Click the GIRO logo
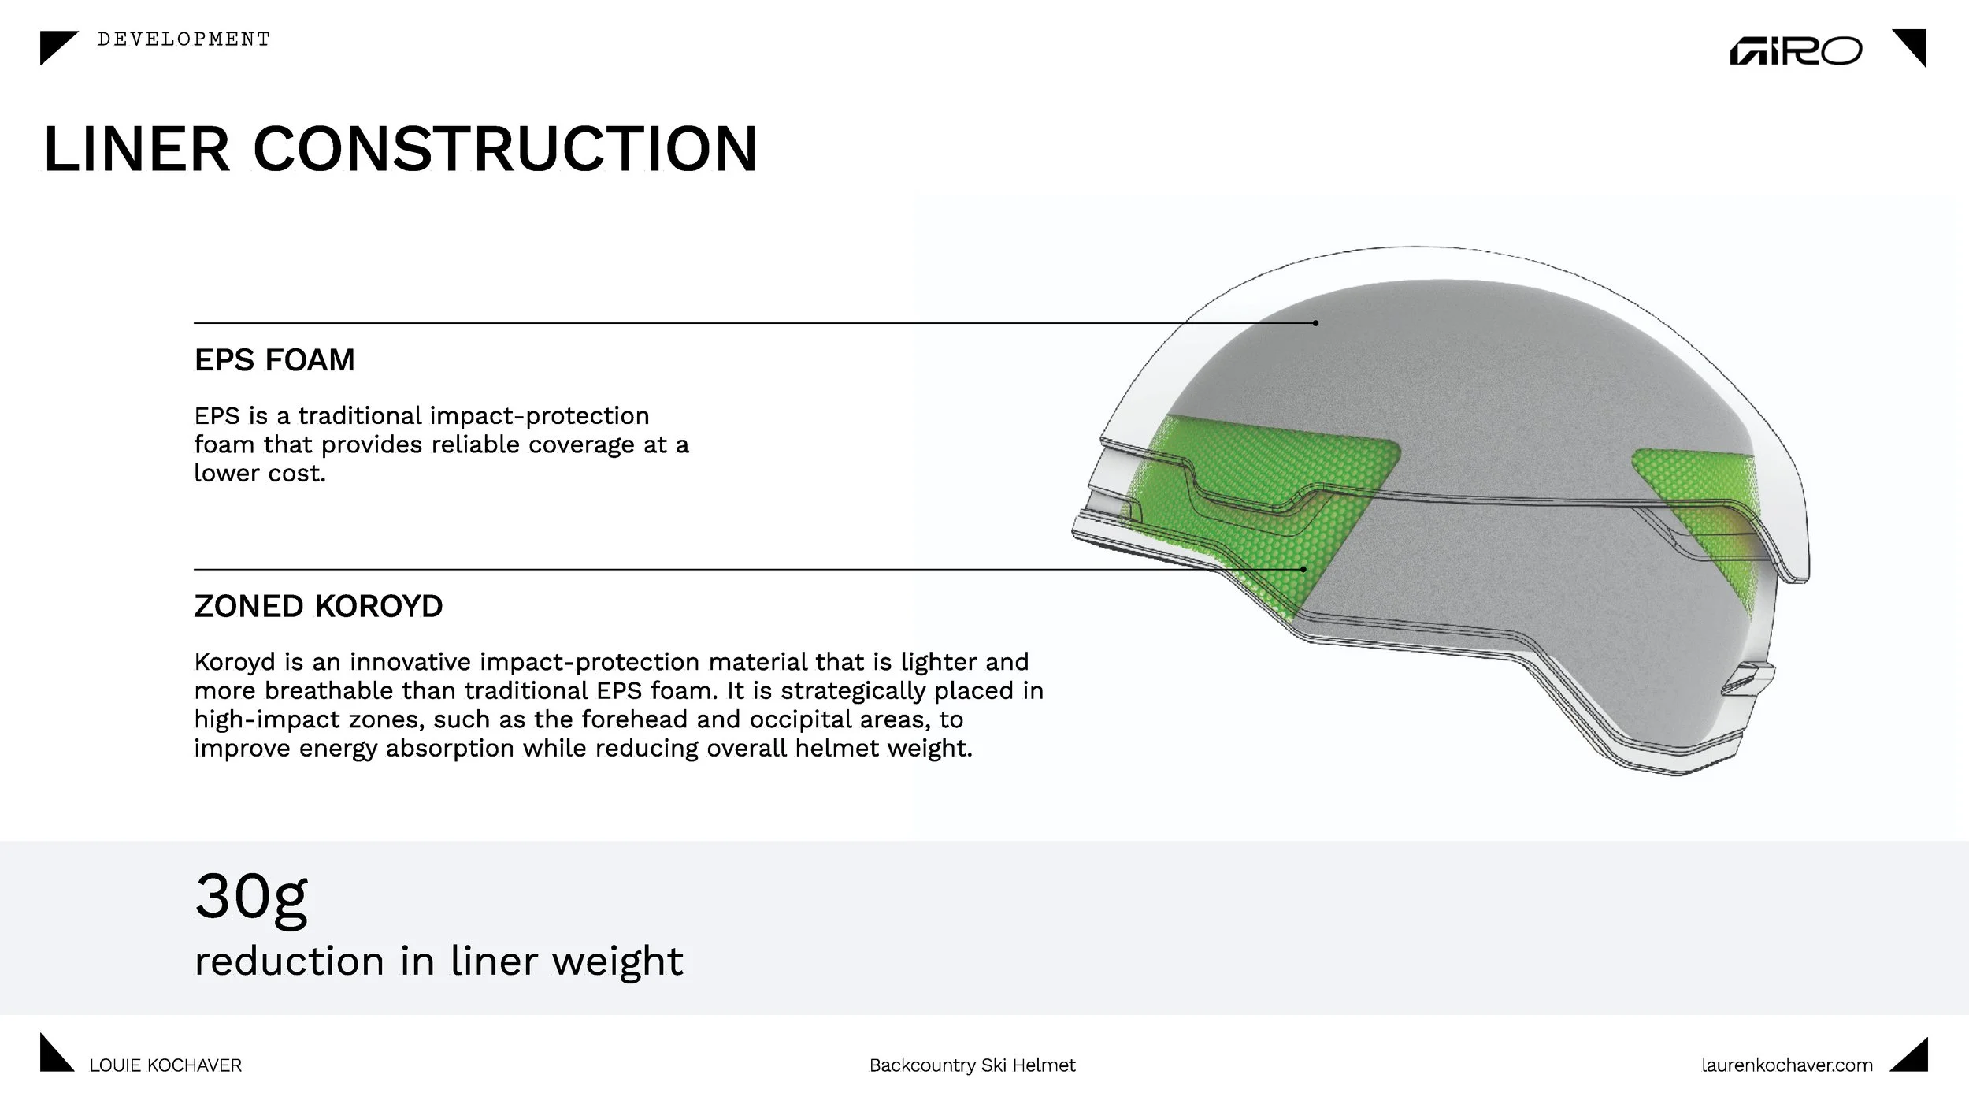pos(1795,51)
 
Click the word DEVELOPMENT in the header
pos(184,39)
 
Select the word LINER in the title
pos(136,149)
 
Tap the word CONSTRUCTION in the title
pos(505,149)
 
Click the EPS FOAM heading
pos(274,360)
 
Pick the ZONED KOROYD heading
pos(318,606)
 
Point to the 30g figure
pos(250,897)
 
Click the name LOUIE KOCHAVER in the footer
pos(165,1065)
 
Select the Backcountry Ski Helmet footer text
pos(972,1065)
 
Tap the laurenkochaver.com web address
pos(1786,1065)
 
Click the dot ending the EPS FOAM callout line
pos(1315,323)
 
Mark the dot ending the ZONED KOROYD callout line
pos(1303,569)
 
